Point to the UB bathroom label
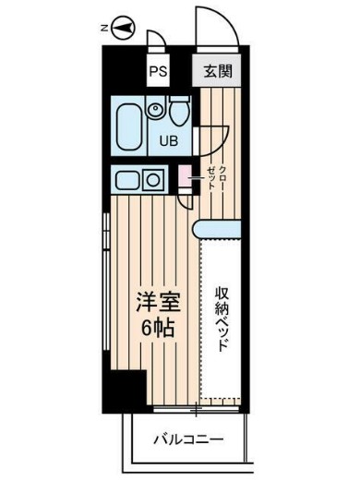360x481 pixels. tap(172, 141)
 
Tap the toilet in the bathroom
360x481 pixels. tap(180, 112)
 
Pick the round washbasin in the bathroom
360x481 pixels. tap(155, 112)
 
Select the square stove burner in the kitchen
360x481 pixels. tap(155, 178)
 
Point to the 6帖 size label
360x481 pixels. tap(154, 330)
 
